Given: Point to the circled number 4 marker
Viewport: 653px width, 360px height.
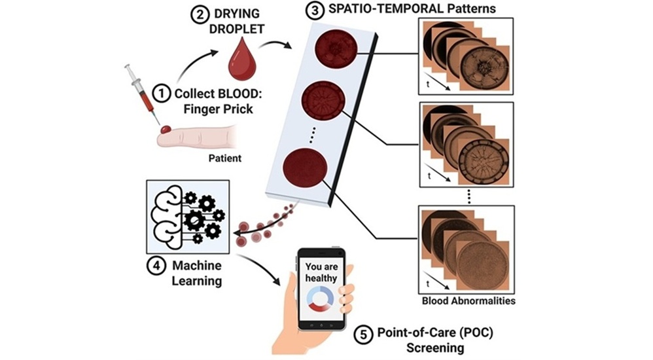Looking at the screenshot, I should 156,266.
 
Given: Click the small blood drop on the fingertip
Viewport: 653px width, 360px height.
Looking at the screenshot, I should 167,130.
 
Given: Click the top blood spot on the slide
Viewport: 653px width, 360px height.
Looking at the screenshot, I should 336,52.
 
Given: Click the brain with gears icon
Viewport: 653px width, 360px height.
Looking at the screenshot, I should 186,217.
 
